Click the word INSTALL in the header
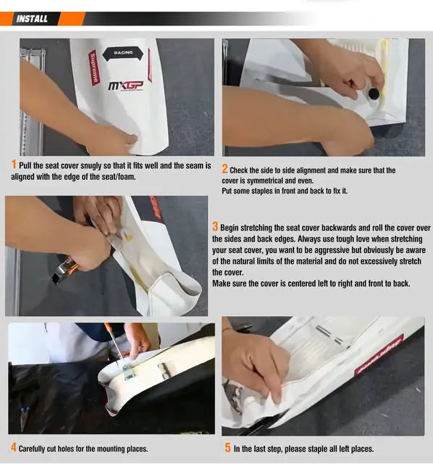32,19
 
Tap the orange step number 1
14,165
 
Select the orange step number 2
225,169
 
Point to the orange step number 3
215,227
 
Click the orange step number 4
14,447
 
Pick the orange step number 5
227,447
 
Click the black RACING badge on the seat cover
123,54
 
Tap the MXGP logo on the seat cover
126,86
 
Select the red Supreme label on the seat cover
93,67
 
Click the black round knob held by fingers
374,94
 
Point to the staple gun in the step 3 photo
65,269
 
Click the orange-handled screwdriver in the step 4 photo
114,343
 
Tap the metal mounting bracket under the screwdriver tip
128,372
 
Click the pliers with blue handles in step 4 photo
24,418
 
